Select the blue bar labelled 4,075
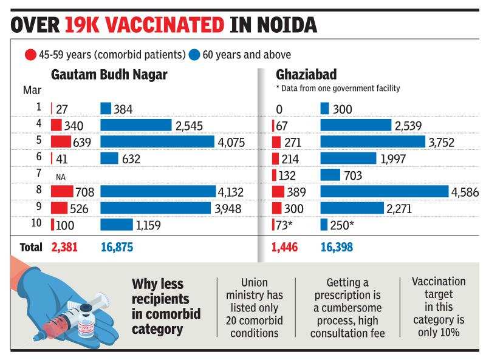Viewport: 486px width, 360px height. click(158, 142)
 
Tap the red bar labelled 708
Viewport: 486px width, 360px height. click(62, 192)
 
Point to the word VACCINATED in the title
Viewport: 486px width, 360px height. click(143, 24)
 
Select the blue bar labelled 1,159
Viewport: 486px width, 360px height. click(116, 225)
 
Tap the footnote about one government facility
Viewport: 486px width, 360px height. click(338, 89)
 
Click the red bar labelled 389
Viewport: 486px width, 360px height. click(278, 192)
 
